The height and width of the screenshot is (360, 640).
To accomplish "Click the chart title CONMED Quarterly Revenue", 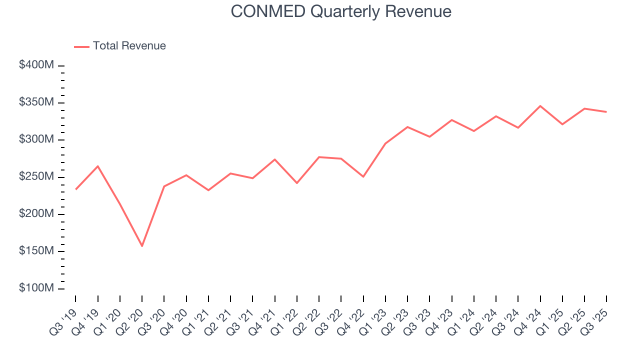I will [x=341, y=11].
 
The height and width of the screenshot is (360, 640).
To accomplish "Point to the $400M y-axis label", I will [x=36, y=65].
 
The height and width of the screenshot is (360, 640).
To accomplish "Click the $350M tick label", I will [x=36, y=102].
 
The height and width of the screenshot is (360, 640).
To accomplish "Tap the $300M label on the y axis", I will [x=36, y=139].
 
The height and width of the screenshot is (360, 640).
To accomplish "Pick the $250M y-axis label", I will [x=36, y=177].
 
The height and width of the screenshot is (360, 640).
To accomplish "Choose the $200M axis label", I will [x=36, y=214].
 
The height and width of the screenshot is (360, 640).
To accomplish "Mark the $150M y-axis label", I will [x=36, y=251].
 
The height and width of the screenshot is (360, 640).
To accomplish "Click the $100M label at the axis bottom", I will [x=36, y=288].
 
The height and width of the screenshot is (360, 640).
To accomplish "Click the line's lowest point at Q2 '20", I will [x=142, y=246].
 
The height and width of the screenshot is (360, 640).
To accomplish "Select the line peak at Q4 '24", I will [x=540, y=106].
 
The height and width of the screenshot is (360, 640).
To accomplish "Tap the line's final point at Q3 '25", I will [x=606, y=112].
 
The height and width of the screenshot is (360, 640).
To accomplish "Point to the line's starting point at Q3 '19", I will [x=75, y=189].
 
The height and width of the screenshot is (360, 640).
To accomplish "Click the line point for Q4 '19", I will [x=97, y=166].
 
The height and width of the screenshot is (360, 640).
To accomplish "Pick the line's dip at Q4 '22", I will [x=363, y=177].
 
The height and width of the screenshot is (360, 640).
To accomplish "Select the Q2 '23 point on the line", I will [x=407, y=127].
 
